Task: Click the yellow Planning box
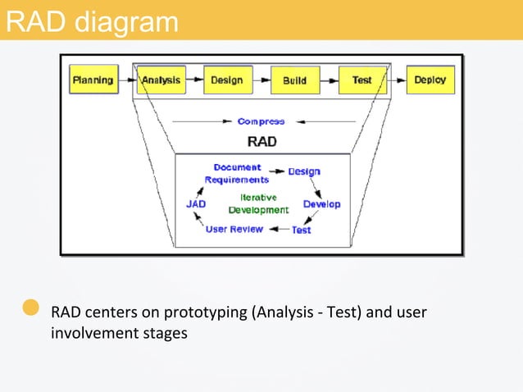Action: point(93,80)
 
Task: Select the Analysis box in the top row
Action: point(161,80)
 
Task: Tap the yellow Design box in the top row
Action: point(227,80)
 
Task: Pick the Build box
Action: point(295,80)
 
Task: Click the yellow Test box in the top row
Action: point(362,80)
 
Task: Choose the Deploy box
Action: point(430,80)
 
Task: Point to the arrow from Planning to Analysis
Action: point(126,80)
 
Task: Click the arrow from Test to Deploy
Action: point(397,80)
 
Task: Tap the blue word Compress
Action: point(261,121)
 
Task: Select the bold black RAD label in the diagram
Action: point(261,141)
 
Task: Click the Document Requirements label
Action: point(237,173)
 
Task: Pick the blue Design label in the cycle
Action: point(304,172)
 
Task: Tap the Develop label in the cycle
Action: point(321,203)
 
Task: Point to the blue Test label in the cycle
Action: point(302,230)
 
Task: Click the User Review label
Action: point(234,229)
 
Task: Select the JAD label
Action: point(196,203)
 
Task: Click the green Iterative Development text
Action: point(258,203)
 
